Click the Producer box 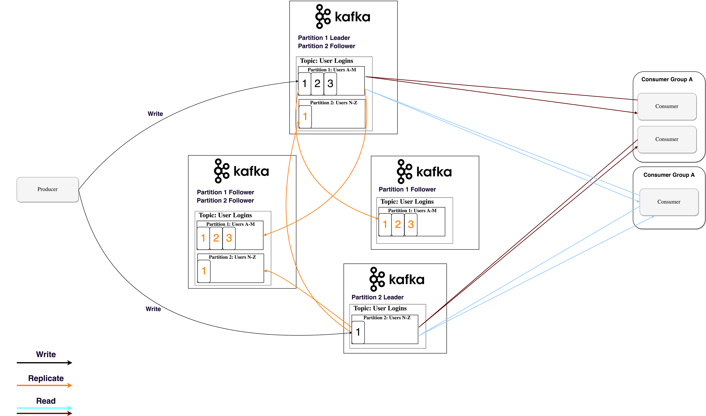tap(47, 189)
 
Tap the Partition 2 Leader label tap(377, 297)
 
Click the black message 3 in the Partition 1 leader tap(330, 83)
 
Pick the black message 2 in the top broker tap(317, 83)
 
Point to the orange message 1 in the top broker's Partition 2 tap(305, 117)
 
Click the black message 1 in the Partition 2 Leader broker tap(358, 332)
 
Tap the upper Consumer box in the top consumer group tap(667, 106)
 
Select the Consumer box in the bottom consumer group tap(669, 202)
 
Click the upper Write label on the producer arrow tap(155, 114)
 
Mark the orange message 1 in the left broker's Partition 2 tap(204, 271)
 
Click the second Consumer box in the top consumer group tap(667, 139)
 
